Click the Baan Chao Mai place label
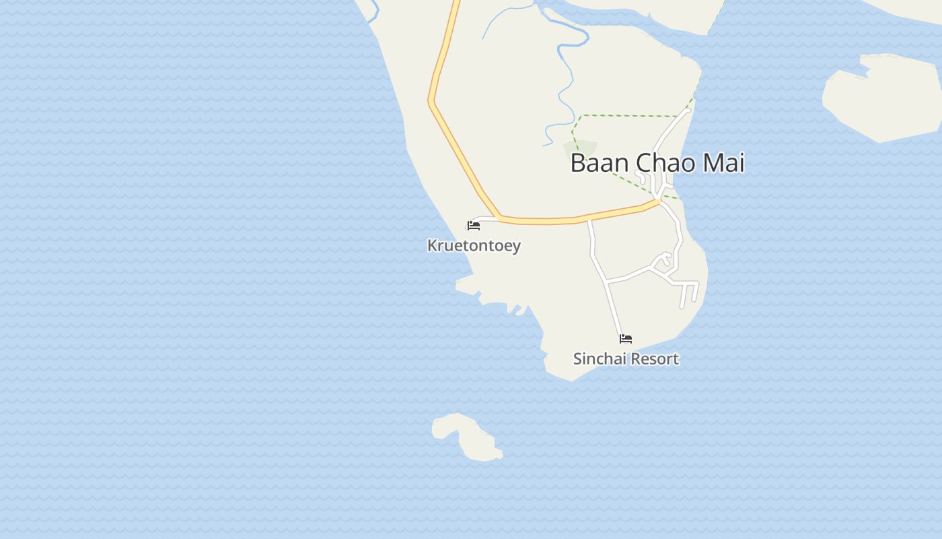tap(657, 163)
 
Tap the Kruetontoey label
tap(474, 245)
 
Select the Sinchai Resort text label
tap(626, 359)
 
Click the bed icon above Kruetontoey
tap(474, 225)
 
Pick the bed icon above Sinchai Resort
tap(626, 338)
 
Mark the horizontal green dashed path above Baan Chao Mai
tap(629, 116)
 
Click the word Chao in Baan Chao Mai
tap(661, 163)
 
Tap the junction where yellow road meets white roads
tap(658, 200)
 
